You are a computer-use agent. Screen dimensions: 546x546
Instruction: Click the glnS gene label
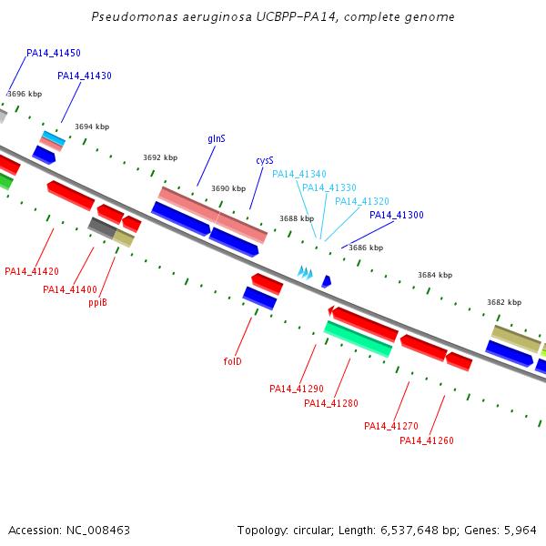tap(217, 139)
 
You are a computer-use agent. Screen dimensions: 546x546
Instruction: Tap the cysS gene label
tap(265, 160)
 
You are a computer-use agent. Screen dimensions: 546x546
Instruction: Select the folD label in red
tap(232, 361)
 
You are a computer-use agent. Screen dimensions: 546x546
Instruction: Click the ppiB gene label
tap(97, 302)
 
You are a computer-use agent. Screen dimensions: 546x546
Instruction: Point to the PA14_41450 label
tap(54, 53)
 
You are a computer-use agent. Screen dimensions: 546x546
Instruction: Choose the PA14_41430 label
tap(85, 76)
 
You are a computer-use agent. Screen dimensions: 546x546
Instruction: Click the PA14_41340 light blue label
tap(299, 174)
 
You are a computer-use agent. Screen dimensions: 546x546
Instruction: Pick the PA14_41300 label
tap(397, 215)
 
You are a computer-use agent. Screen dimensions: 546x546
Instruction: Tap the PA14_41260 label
tap(427, 440)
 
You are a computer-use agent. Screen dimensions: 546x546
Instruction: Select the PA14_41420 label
tap(32, 271)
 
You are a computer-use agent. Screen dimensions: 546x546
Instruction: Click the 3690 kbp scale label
tap(228, 188)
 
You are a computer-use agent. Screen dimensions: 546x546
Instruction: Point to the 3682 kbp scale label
tap(504, 302)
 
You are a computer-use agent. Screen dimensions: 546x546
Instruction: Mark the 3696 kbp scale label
tap(25, 94)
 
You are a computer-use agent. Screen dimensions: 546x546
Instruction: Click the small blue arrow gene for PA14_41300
tap(327, 281)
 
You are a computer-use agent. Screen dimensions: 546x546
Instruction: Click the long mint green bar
tap(358, 339)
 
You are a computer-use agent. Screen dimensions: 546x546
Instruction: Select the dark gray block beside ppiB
tap(102, 227)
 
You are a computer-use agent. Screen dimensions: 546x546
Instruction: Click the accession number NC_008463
tap(98, 531)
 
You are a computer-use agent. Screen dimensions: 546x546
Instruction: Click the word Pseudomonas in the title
tap(135, 16)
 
